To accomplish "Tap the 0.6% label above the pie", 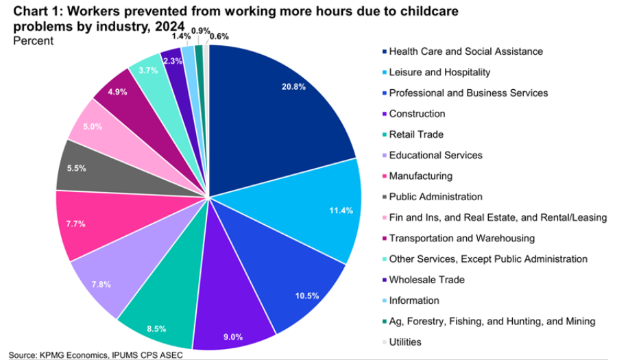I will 219,36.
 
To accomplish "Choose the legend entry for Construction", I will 417,114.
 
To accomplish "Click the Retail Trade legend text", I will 416,134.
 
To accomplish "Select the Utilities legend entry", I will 405,341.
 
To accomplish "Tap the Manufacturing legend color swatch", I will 383,176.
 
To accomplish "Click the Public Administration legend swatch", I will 383,197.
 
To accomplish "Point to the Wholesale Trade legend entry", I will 426,280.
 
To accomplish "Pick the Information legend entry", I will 414,300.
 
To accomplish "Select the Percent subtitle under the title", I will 32,40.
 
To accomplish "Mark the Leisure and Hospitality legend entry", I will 439,72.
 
